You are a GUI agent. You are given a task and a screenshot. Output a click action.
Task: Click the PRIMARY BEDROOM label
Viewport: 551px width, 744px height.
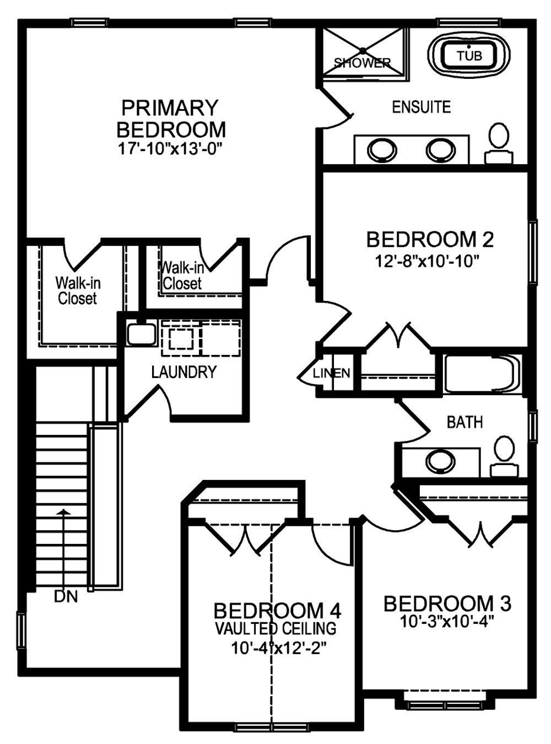click(x=171, y=118)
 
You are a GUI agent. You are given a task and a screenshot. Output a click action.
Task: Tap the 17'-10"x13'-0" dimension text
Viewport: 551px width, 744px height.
click(x=171, y=149)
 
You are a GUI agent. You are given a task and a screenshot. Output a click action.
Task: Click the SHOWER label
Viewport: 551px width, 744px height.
click(x=363, y=63)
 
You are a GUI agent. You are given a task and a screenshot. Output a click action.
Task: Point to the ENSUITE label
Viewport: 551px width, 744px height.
click(x=422, y=107)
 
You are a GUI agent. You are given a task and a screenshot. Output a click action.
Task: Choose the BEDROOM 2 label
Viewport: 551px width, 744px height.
click(x=430, y=240)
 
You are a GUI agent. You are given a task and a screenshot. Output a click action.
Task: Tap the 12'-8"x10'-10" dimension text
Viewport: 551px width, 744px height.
click(x=426, y=261)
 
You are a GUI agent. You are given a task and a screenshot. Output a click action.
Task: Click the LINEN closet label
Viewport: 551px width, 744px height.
click(x=331, y=373)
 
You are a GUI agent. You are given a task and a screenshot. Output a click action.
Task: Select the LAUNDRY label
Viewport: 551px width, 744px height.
click(x=184, y=372)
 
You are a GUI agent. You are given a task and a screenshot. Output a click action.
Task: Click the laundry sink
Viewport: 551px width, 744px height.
click(x=141, y=333)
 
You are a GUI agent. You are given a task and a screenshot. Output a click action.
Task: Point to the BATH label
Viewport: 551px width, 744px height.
click(x=464, y=422)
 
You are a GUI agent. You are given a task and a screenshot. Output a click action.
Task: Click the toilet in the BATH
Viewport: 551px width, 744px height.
click(x=505, y=456)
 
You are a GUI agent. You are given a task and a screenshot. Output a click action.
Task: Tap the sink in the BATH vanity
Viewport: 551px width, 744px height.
click(x=440, y=462)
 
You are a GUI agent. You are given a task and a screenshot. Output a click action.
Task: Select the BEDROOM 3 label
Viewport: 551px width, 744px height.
click(x=447, y=604)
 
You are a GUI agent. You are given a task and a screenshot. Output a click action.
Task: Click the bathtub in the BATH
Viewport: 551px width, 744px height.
click(x=482, y=373)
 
